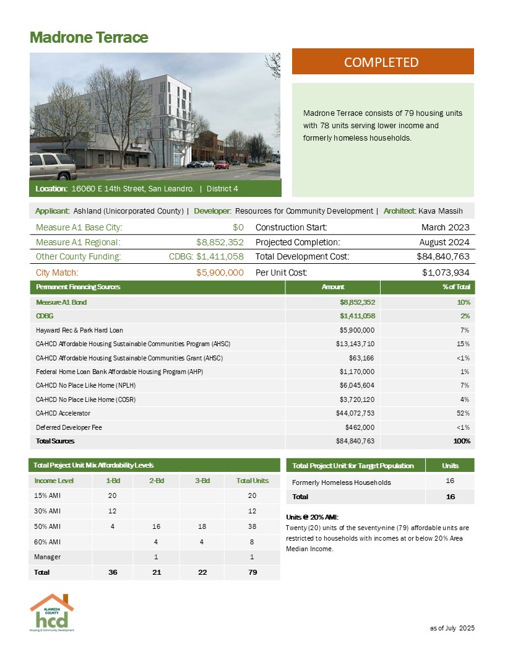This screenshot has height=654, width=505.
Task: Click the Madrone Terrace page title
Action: coord(88,37)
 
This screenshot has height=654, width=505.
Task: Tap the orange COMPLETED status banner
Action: coord(382,62)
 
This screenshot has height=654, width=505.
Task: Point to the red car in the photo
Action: coord(222,165)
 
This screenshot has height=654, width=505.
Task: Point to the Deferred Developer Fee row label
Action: coord(69,427)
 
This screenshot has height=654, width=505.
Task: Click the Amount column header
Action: coord(333,287)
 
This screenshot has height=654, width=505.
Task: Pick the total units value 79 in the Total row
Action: coord(252,572)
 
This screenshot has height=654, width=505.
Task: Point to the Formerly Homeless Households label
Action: coord(341,482)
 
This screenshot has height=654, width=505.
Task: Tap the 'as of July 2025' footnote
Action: coord(452,628)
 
